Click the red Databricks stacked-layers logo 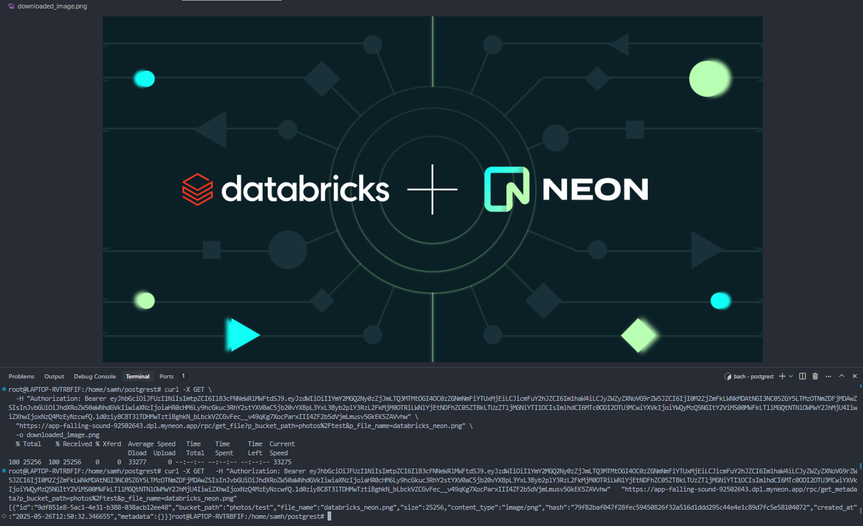pos(197,189)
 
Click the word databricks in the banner pos(305,188)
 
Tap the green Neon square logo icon pos(506,189)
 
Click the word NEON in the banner pos(595,189)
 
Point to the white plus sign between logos pos(432,189)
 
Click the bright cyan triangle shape pos(242,334)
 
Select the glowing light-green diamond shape pos(638,336)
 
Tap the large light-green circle pos(709,79)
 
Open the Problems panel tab pos(22,376)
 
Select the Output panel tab pos(54,376)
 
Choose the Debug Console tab pos(95,376)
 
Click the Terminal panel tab pos(138,376)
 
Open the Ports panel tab pos(166,376)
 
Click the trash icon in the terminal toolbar pos(815,376)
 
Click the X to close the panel pos(855,376)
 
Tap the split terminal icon pos(803,376)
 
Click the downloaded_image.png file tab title pos(53,6)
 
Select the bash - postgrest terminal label pos(754,377)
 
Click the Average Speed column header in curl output pos(152,444)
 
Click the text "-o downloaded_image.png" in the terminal pos(58,435)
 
